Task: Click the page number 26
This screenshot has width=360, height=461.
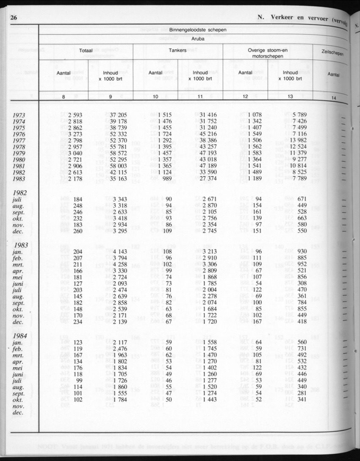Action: pyautogui.click(x=13, y=18)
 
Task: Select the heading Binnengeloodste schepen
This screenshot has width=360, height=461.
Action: pyautogui.click(x=197, y=30)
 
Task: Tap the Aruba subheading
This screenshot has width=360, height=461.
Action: pyautogui.click(x=197, y=38)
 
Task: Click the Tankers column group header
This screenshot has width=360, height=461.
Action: pyautogui.click(x=178, y=50)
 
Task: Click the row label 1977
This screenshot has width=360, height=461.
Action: pyautogui.click(x=19, y=141)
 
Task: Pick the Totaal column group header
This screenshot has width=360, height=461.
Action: pyautogui.click(x=86, y=50)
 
